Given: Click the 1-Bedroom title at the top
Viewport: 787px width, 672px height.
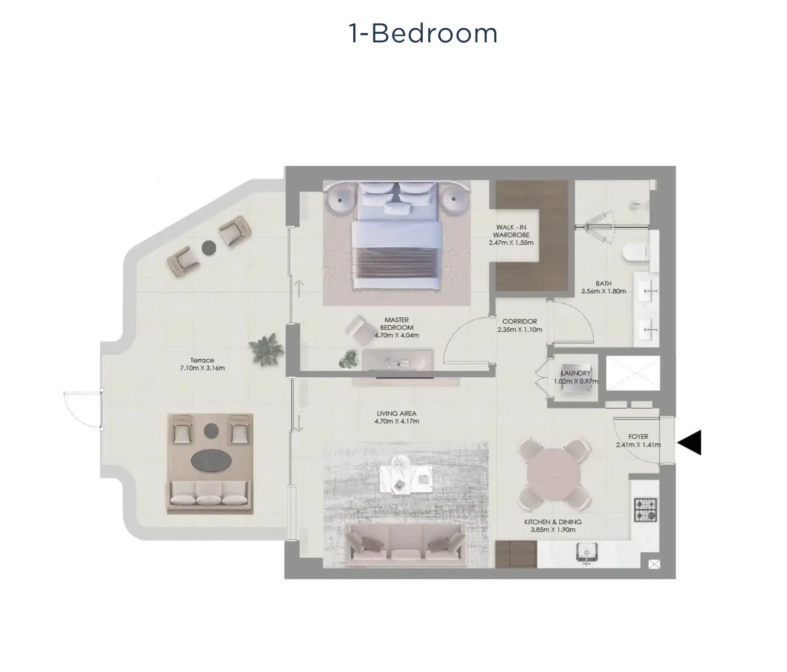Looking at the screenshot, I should click(423, 33).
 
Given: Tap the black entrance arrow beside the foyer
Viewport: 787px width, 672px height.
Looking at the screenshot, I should click(690, 442).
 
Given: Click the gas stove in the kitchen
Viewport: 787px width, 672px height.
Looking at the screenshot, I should click(646, 510).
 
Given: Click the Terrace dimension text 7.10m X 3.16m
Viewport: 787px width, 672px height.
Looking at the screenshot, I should click(202, 368).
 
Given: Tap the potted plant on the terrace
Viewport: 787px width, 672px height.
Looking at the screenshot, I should click(266, 349).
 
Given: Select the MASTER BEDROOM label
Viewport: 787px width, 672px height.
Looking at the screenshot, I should click(396, 323).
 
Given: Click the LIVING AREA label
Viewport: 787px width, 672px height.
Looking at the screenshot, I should click(396, 414).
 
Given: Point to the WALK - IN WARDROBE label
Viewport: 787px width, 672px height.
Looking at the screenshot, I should click(511, 231).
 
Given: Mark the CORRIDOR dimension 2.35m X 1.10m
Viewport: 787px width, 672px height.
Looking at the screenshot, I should click(520, 329).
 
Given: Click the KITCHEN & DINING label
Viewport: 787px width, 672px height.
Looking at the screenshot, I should click(553, 522).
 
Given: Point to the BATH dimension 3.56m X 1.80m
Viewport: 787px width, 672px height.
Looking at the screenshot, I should click(603, 291).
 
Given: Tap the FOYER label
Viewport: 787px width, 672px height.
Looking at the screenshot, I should click(638, 437).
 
